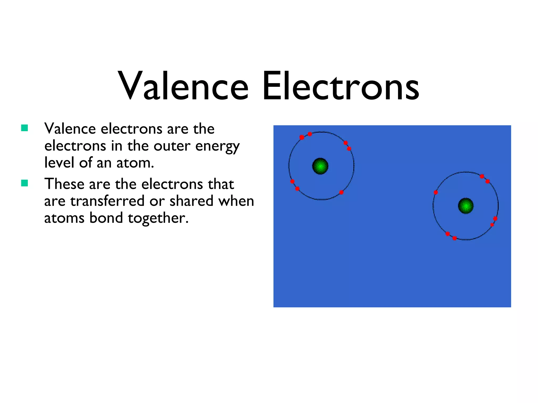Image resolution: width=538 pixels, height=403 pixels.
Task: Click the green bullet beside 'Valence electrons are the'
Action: [x=24, y=128]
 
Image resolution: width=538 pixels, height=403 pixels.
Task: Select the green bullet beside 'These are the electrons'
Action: [x=24, y=183]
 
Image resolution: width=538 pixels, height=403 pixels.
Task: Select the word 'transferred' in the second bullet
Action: [x=107, y=201]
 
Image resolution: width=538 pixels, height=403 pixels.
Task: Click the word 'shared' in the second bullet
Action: [x=191, y=201]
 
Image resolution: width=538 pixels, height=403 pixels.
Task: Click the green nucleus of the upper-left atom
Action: [x=320, y=166]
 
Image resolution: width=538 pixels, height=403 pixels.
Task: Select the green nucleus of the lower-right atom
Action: [x=466, y=206]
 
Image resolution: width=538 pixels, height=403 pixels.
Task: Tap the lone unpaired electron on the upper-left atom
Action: [x=341, y=192]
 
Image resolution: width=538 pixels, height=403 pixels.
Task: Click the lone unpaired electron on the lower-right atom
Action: [x=436, y=192]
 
